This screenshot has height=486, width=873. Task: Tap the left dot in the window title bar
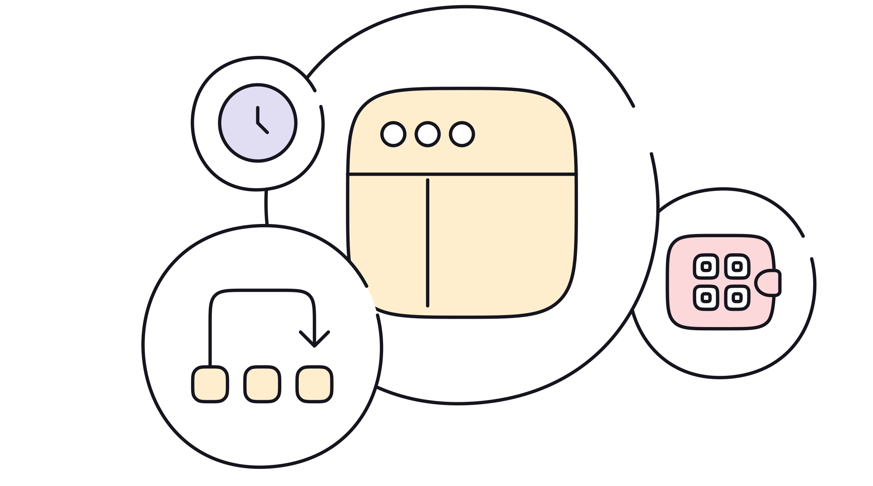tap(393, 134)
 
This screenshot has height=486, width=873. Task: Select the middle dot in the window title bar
tap(427, 134)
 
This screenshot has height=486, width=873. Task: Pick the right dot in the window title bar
tap(462, 134)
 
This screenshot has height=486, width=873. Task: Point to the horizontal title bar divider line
tap(499, 174)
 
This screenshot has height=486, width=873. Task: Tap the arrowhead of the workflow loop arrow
tap(314, 342)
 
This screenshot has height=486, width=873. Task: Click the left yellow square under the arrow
tap(210, 384)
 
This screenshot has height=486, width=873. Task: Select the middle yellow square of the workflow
tap(262, 384)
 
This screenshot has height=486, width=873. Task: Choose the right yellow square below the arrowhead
tap(314, 384)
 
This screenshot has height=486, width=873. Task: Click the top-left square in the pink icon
tap(706, 266)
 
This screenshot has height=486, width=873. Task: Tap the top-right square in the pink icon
tap(737, 266)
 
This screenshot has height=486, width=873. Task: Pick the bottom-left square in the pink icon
tap(706, 298)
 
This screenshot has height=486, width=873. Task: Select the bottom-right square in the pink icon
tap(737, 298)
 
